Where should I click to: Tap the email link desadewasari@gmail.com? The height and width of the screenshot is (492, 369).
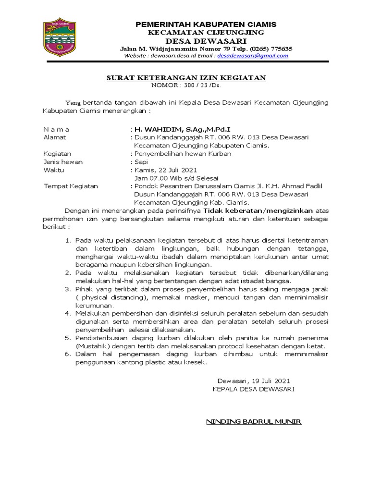point(253,56)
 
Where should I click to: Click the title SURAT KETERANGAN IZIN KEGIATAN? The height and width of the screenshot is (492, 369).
point(185,78)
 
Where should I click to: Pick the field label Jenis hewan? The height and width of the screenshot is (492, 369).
point(63,162)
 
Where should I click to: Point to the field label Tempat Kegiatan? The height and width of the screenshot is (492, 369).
point(71,186)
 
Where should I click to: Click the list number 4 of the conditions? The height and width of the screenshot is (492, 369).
point(68,313)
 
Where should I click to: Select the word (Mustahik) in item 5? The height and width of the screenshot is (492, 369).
point(93,346)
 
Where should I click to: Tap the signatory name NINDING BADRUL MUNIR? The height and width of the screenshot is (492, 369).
point(253,422)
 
